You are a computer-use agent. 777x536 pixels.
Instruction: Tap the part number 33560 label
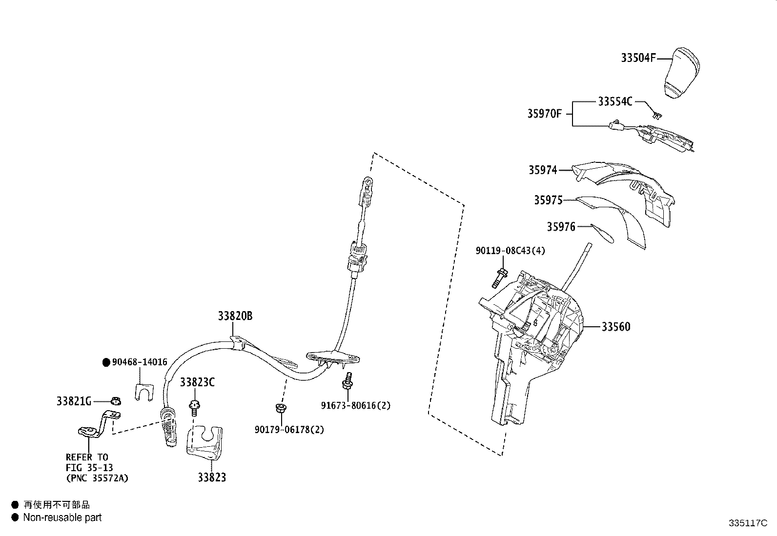[615, 327]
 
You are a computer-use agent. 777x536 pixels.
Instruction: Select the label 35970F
[544, 114]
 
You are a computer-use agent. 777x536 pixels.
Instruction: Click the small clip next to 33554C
[657, 115]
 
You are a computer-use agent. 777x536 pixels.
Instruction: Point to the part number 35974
[542, 170]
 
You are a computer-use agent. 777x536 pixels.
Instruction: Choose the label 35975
[548, 200]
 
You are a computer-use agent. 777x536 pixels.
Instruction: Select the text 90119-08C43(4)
[510, 251]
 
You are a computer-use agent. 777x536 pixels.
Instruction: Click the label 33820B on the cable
[235, 316]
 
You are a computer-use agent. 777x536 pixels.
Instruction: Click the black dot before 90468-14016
[106, 362]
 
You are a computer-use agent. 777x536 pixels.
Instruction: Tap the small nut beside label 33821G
[116, 401]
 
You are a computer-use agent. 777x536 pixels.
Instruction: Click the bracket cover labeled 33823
[205, 442]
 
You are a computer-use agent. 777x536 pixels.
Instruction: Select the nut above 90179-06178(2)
[281, 408]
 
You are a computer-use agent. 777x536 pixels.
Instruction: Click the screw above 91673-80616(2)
[348, 381]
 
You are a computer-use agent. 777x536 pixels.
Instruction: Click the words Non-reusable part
[62, 517]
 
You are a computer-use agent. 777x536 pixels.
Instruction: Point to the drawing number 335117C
[748, 523]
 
